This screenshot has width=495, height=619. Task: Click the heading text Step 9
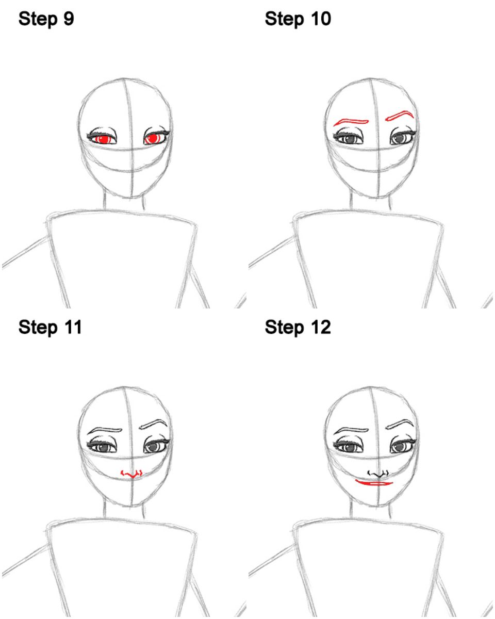pyautogui.click(x=46, y=19)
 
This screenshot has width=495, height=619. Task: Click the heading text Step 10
pyautogui.click(x=298, y=19)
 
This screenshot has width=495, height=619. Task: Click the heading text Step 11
pyautogui.click(x=50, y=328)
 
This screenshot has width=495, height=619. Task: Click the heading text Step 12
pyautogui.click(x=298, y=328)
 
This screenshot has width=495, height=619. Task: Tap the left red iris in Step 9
pyautogui.click(x=103, y=139)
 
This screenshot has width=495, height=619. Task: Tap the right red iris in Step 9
pyautogui.click(x=152, y=139)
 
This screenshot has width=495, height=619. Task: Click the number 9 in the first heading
pyautogui.click(x=69, y=19)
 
